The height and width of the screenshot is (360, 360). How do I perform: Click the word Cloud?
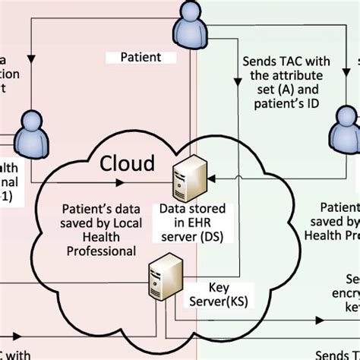pos(128,163)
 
